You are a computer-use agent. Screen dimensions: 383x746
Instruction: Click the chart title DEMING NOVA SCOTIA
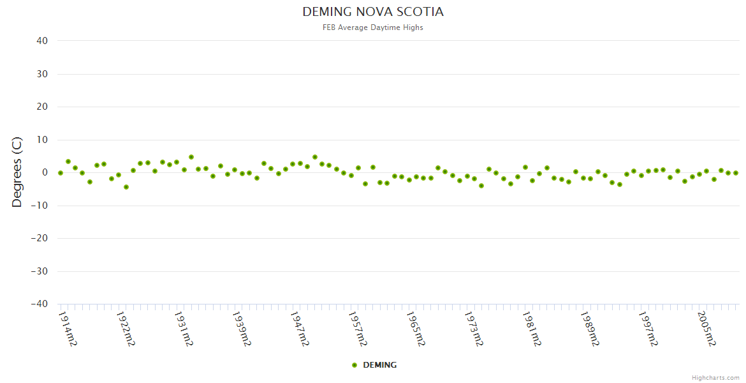pyautogui.click(x=373, y=12)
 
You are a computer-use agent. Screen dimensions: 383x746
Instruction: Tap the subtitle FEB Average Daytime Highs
pyautogui.click(x=373, y=27)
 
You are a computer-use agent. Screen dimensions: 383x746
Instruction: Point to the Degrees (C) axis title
pyautogui.click(x=17, y=172)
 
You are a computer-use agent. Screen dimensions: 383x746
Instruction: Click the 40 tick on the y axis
pyautogui.click(x=42, y=41)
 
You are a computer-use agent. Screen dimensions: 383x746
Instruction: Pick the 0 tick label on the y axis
pyautogui.click(x=45, y=172)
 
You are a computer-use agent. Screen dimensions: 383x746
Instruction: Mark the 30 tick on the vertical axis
pyautogui.click(x=42, y=74)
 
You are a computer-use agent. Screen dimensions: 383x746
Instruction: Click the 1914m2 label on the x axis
pyautogui.click(x=68, y=329)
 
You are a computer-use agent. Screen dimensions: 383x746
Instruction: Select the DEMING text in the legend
pyautogui.click(x=379, y=365)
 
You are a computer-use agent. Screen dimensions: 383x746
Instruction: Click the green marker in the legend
pyautogui.click(x=355, y=365)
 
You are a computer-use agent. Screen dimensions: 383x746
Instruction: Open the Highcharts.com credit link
pyautogui.click(x=715, y=377)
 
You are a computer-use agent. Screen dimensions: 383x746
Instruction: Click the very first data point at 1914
pyautogui.click(x=61, y=173)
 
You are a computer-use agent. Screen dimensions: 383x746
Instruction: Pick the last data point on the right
pyautogui.click(x=735, y=173)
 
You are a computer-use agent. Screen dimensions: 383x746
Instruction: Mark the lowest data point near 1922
pyautogui.click(x=126, y=187)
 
